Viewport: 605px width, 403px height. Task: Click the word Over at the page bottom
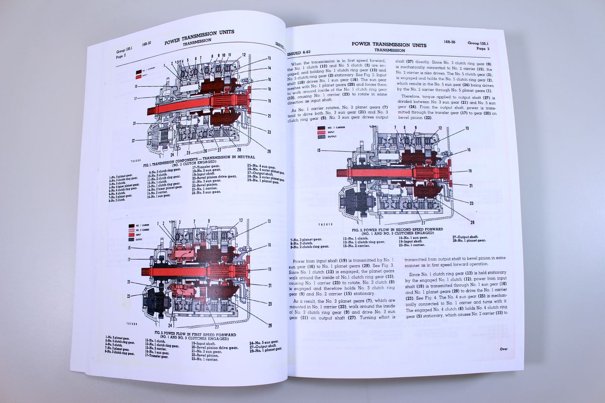(x=503, y=349)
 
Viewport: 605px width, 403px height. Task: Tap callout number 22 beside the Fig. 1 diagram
(x=134, y=140)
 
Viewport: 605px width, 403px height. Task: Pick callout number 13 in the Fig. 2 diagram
(x=269, y=221)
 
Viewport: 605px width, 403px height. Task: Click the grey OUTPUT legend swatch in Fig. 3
(x=321, y=136)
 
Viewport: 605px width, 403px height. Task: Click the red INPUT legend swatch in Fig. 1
(x=139, y=76)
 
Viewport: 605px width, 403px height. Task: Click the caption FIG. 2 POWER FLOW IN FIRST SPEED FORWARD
(x=195, y=334)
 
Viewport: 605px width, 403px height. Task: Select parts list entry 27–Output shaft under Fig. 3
(x=465, y=237)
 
